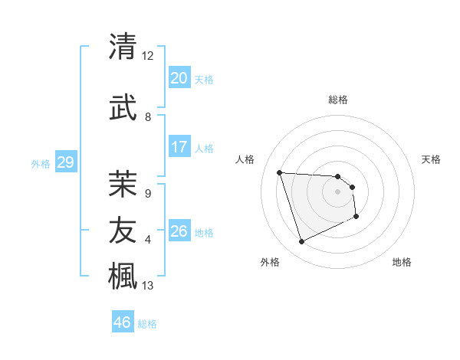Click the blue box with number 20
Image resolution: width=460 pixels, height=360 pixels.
click(179, 78)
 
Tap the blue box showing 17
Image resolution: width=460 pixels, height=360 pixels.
click(179, 147)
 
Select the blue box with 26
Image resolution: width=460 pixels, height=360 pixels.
click(179, 231)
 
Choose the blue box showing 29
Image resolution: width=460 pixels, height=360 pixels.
click(65, 162)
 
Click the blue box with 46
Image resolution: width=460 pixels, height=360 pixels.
click(123, 322)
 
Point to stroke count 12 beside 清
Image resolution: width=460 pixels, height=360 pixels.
click(148, 56)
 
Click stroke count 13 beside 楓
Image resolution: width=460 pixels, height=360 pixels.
click(148, 286)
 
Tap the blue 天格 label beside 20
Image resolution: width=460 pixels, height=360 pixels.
click(204, 79)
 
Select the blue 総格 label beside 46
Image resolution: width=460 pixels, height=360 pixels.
click(147, 323)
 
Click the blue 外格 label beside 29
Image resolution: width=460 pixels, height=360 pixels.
click(41, 163)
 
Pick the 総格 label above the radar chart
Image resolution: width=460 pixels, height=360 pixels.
click(338, 100)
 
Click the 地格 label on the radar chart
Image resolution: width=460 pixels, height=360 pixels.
click(402, 262)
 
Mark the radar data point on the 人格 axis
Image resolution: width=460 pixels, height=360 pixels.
click(280, 172)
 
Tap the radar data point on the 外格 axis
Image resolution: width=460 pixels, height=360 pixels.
click(301, 242)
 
